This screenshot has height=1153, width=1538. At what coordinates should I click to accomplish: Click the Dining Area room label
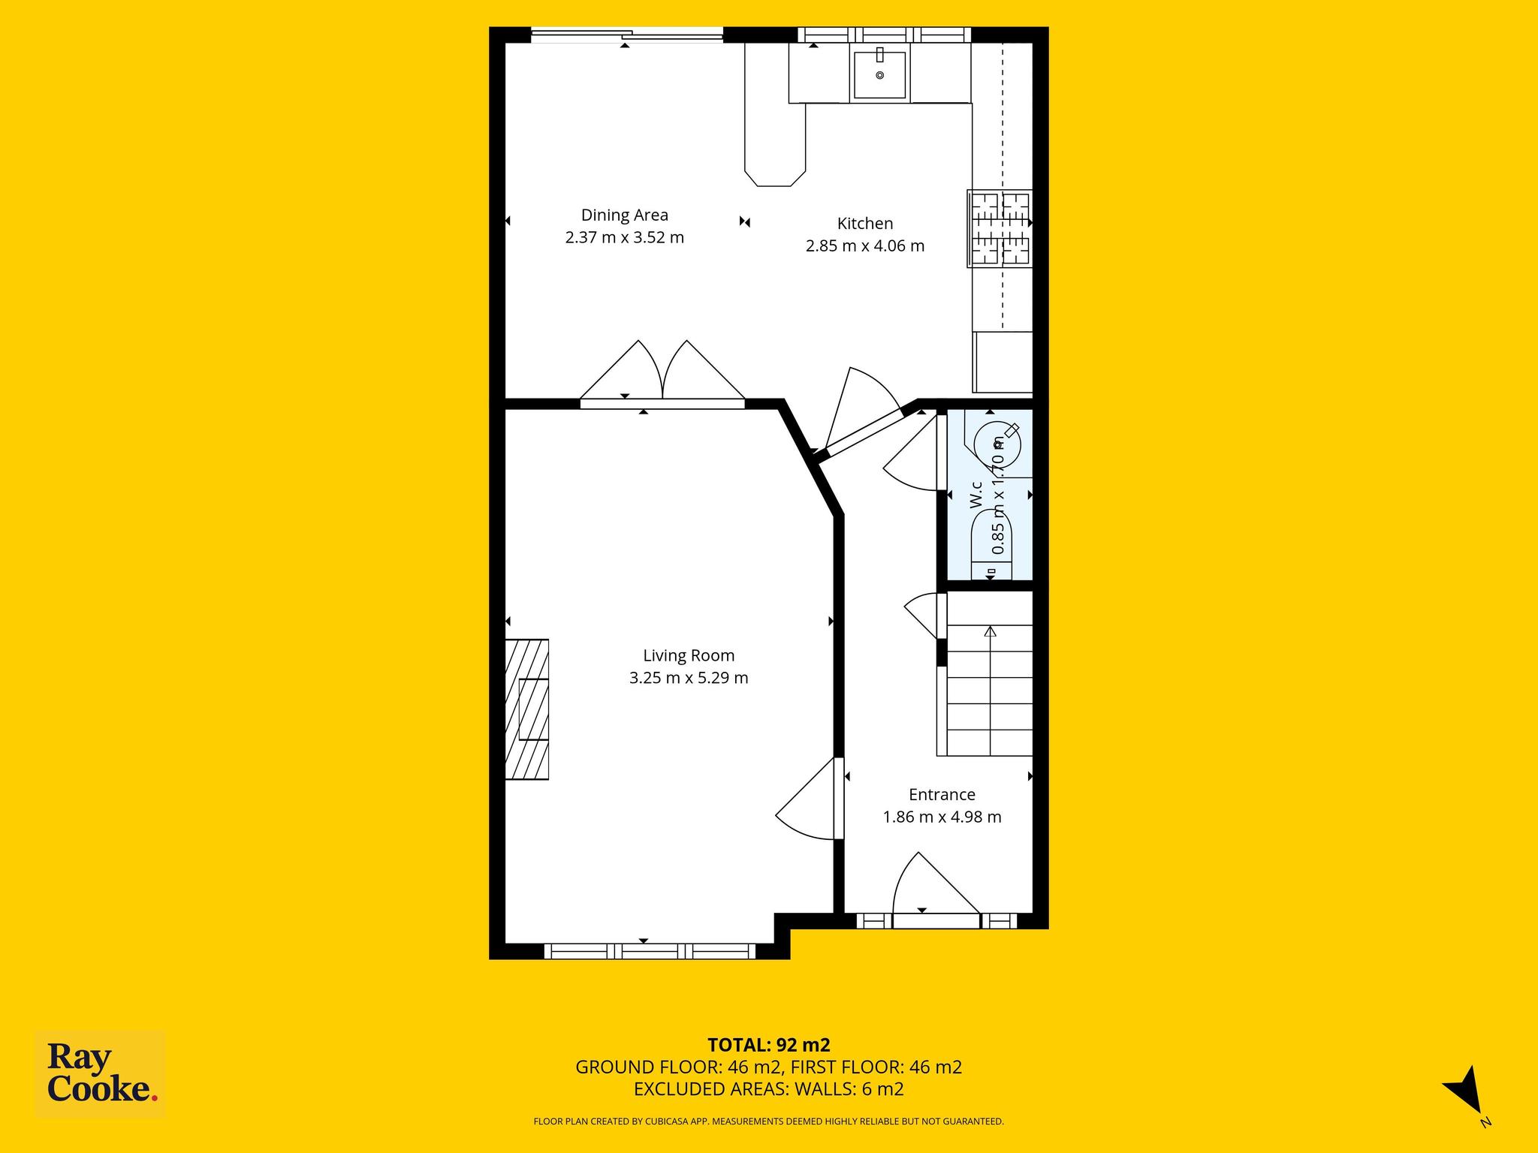coord(624,215)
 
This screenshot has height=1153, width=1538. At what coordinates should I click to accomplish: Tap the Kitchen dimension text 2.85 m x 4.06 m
coord(865,245)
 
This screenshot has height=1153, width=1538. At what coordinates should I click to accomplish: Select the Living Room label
coord(689,655)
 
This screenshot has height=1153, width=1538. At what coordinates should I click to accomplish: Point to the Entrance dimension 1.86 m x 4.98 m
coord(942,817)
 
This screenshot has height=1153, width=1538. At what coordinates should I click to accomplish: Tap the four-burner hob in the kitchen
coord(1000,229)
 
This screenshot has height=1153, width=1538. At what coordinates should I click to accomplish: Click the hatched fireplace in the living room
coord(526,709)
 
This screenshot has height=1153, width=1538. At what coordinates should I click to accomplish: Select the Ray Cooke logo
coord(101,1075)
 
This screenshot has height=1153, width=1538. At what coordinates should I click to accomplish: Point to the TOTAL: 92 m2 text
coord(769,1045)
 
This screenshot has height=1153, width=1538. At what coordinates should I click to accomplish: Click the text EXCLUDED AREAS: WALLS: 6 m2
coord(769,1089)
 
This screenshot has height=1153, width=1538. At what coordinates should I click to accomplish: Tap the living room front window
coord(650,951)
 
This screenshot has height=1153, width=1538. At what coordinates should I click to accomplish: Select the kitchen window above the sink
coord(884,35)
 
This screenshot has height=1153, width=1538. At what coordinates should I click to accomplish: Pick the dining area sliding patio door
coord(626,35)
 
